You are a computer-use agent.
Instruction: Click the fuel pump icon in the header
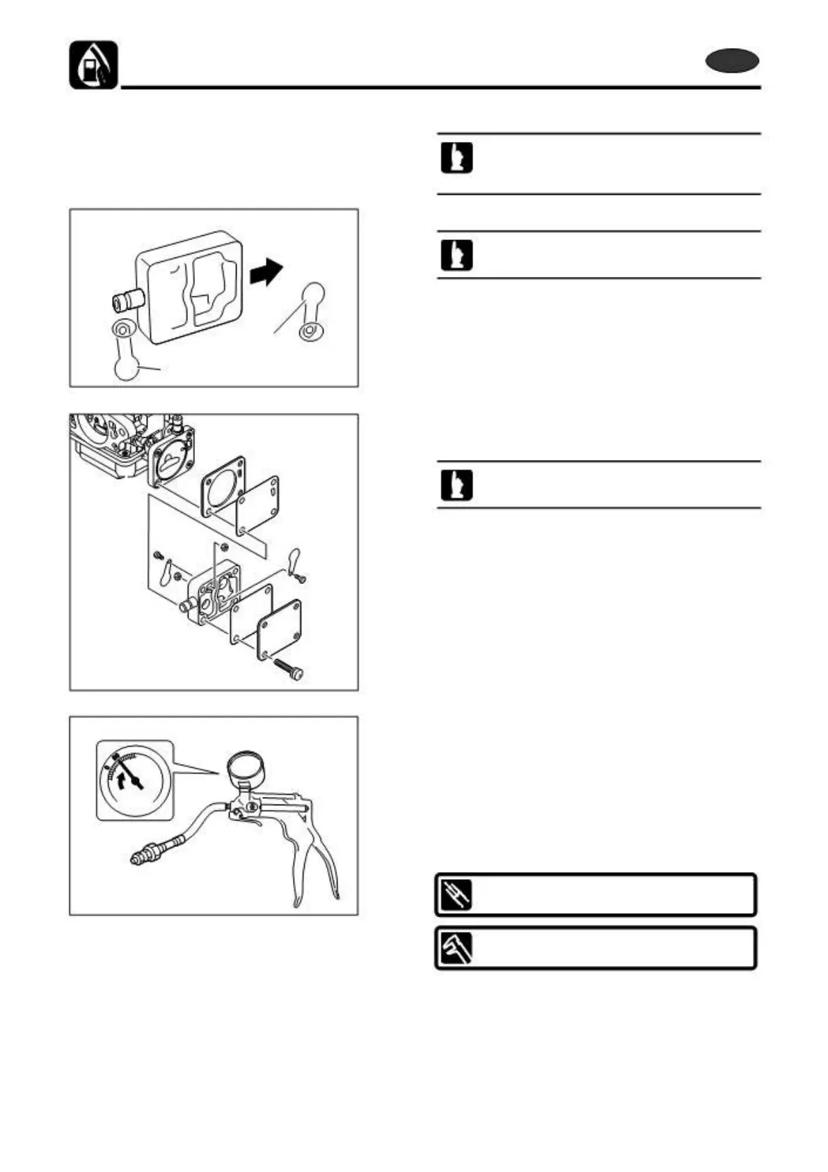[93, 65]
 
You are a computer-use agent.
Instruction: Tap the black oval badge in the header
[731, 62]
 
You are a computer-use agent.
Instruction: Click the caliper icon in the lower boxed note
[456, 948]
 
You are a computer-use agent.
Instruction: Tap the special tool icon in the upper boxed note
[456, 895]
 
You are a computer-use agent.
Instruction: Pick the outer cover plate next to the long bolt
[279, 629]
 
